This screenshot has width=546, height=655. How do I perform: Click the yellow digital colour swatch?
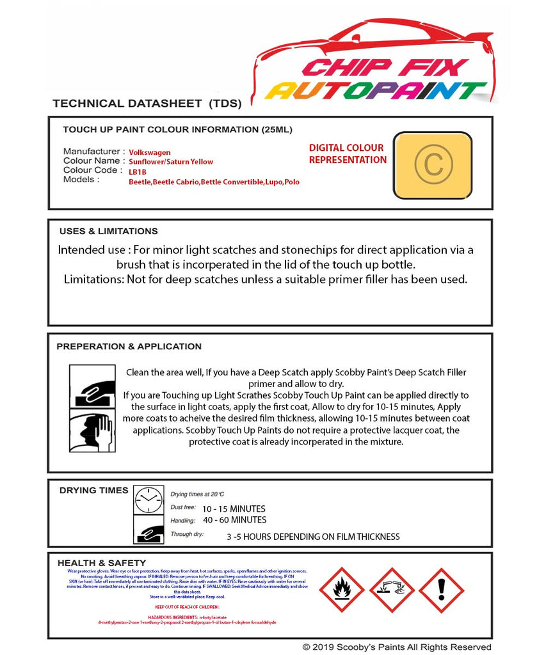point(432,165)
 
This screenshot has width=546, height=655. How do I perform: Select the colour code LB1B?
point(138,172)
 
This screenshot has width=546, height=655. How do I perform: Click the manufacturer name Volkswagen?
point(150,152)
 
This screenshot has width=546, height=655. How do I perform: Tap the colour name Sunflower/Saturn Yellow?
point(171,162)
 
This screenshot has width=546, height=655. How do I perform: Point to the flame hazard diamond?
point(341,590)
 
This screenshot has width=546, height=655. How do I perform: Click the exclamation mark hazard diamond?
point(441,590)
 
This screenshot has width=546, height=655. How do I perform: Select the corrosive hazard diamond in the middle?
point(391,590)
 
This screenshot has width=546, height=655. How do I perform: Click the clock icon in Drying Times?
point(149,500)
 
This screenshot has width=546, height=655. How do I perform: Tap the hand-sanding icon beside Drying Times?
point(149,530)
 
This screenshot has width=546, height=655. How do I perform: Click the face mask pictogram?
point(92,431)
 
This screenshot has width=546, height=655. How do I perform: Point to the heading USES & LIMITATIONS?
point(108,231)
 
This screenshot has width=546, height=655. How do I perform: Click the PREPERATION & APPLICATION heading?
point(129,346)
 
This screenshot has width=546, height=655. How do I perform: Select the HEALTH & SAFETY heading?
point(102,563)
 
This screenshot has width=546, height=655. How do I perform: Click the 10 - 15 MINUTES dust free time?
point(234,509)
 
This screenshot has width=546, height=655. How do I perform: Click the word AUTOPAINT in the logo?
point(376,91)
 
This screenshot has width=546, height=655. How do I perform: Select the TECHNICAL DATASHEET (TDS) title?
point(147,103)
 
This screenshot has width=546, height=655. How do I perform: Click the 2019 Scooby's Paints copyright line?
point(397,647)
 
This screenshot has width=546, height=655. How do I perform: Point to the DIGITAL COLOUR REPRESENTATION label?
point(348,154)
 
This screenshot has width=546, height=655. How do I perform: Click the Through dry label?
point(187,534)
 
